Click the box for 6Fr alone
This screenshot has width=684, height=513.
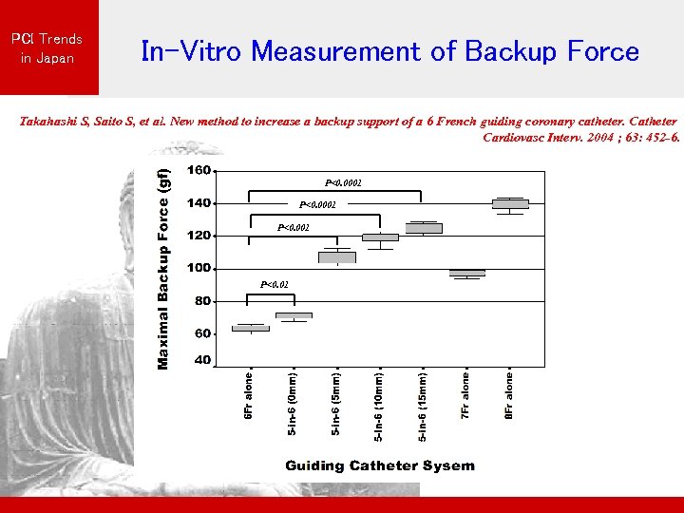click(x=251, y=328)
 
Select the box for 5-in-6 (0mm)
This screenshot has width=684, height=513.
click(x=294, y=315)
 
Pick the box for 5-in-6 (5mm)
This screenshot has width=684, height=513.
click(x=337, y=257)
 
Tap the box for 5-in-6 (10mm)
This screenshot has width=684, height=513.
click(x=380, y=237)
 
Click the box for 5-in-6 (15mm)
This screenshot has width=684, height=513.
click(x=424, y=228)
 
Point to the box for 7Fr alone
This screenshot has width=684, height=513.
click(x=467, y=273)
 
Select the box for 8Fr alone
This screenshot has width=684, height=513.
click(x=510, y=204)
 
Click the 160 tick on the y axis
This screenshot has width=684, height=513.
click(x=199, y=171)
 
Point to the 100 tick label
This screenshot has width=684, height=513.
click(x=199, y=268)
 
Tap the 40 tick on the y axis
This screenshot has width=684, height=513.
click(x=202, y=361)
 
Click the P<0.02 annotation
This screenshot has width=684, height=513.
click(x=275, y=284)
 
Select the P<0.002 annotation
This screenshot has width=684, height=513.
click(x=294, y=227)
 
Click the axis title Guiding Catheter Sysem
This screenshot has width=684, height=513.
click(x=380, y=465)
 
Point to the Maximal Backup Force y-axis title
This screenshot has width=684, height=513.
click(x=163, y=269)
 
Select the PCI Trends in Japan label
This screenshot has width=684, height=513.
click(x=47, y=48)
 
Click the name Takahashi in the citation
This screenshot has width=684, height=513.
click(x=51, y=122)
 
